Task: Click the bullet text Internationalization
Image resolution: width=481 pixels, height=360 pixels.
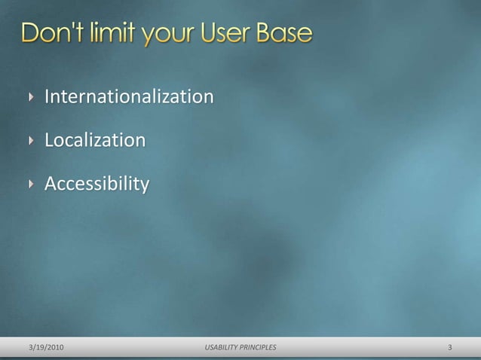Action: (x=129, y=97)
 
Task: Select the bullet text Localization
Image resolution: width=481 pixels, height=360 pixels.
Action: (x=95, y=141)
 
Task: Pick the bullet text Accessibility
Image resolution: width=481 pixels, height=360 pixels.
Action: (x=97, y=184)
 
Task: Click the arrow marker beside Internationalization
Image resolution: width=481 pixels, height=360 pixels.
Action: (x=31, y=98)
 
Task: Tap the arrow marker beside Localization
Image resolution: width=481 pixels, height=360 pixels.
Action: (x=31, y=141)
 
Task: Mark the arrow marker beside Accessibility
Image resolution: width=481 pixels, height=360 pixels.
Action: (x=31, y=184)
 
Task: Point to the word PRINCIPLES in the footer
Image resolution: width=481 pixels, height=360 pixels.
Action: (x=259, y=347)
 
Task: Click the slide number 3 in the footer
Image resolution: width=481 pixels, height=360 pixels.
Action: (x=449, y=347)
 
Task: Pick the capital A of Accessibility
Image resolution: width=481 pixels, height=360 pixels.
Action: (x=51, y=184)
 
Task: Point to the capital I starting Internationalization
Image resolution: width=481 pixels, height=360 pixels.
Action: (x=47, y=97)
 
